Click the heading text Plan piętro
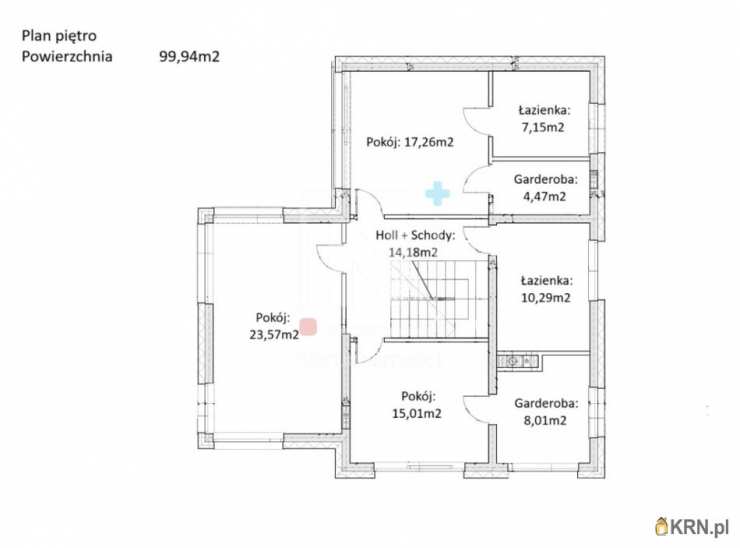click(59, 36)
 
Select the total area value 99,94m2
click(189, 57)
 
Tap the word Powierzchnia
click(67, 57)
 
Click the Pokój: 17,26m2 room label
click(410, 142)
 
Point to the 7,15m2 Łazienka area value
click(543, 127)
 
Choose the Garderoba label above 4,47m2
click(546, 179)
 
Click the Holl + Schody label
click(415, 235)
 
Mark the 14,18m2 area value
click(413, 252)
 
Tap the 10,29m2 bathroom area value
click(546, 298)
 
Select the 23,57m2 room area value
click(274, 335)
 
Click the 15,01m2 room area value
click(417, 413)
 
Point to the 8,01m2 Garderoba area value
click(545, 421)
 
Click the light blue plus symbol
click(437, 194)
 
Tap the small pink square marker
click(309, 327)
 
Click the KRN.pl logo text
click(700, 527)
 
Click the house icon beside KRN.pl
click(662, 527)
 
